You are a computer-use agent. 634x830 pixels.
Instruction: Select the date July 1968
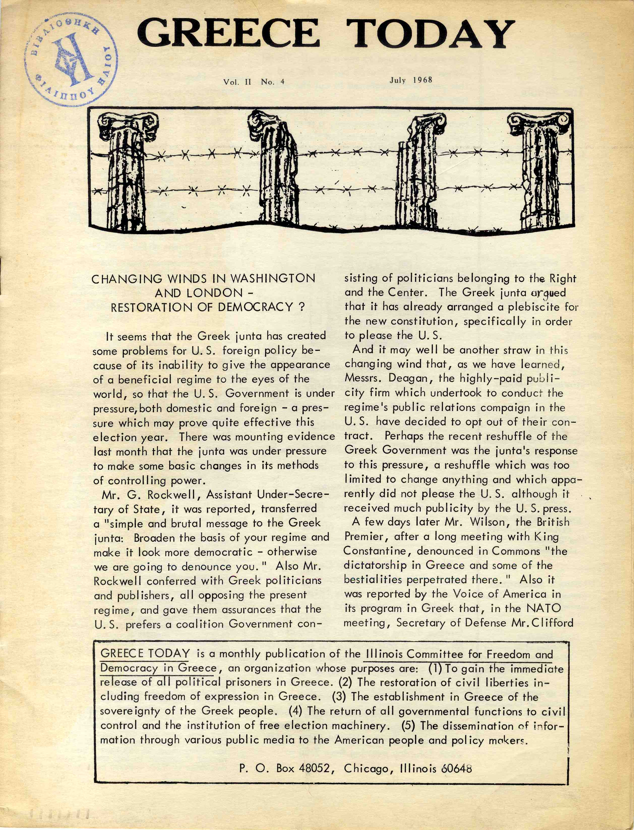(411, 80)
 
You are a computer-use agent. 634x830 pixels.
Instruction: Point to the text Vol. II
(237, 82)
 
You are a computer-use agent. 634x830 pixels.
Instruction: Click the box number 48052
(314, 768)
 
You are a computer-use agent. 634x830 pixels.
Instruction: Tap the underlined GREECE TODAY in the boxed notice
(145, 653)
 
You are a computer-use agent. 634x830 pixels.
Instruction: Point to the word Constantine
(377, 551)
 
